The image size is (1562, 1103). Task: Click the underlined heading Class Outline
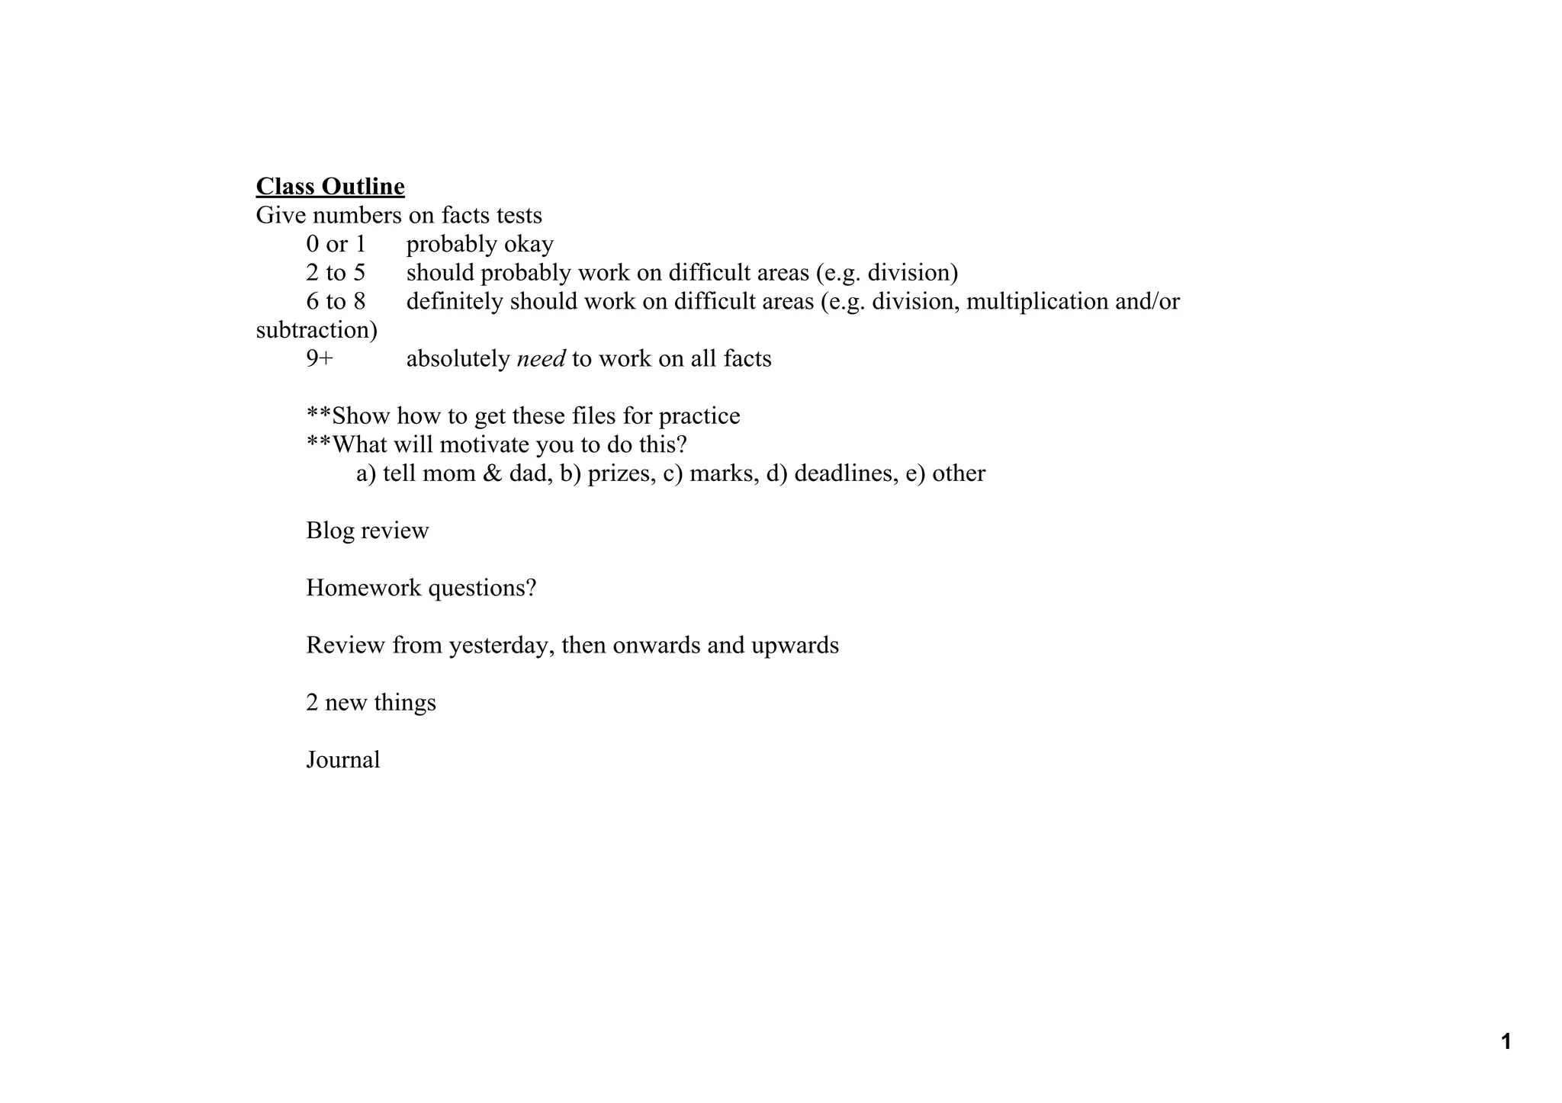pos(330,187)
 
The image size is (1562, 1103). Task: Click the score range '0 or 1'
pos(336,244)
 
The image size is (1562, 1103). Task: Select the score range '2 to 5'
pos(336,273)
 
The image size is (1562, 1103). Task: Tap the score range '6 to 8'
pos(336,302)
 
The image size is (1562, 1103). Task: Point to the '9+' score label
pos(320,359)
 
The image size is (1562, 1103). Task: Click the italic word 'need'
pos(541,359)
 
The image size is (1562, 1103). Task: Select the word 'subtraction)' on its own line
pos(317,331)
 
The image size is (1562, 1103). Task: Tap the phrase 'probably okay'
pos(480,244)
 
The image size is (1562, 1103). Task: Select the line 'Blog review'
pos(368,531)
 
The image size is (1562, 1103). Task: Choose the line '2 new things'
pos(371,703)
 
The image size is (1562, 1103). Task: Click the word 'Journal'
pos(343,760)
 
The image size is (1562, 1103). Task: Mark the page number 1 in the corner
pos(1506,1041)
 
